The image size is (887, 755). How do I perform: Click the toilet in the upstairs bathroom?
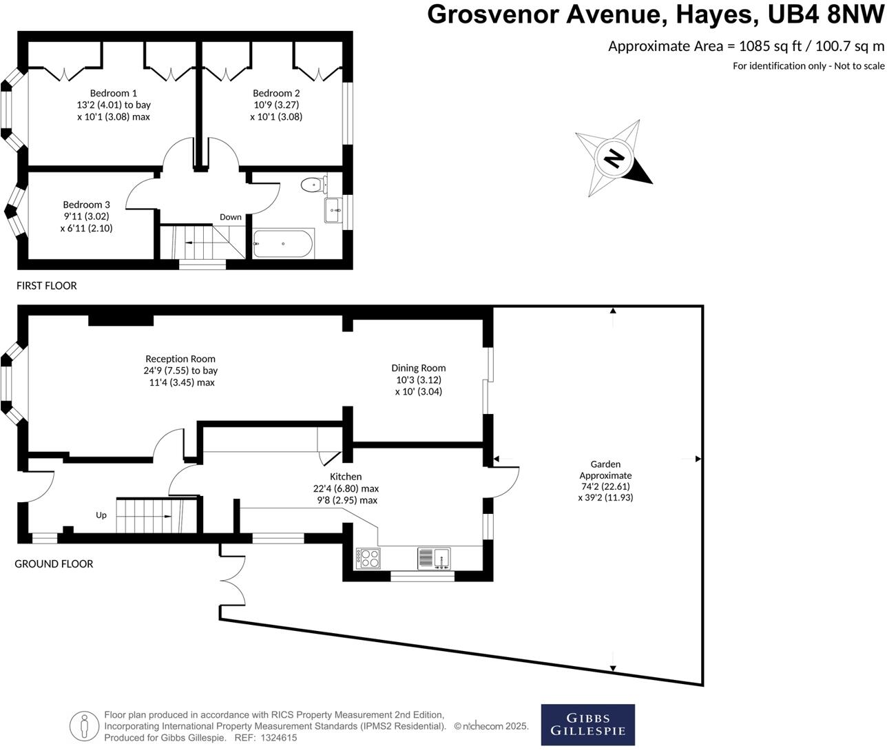pyautogui.click(x=314, y=184)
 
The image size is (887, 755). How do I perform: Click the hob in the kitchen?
pyautogui.click(x=368, y=557)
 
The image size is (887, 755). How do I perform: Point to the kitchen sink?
pyautogui.click(x=434, y=557)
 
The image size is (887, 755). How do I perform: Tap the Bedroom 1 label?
pyautogui.click(x=114, y=93)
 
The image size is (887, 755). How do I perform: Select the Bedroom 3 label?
pyautogui.click(x=86, y=205)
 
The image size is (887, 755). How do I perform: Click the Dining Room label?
pyautogui.click(x=418, y=368)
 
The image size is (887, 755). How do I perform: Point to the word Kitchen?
pyautogui.click(x=346, y=477)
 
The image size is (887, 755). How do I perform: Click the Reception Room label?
pyautogui.click(x=180, y=359)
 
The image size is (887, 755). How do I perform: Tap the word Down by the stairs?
pyautogui.click(x=231, y=217)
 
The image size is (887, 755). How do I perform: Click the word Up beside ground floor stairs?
pyautogui.click(x=101, y=515)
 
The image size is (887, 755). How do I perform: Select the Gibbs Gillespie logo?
pyautogui.click(x=587, y=724)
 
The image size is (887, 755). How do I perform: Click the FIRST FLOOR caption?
pyautogui.click(x=47, y=285)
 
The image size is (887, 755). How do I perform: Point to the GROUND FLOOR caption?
pyautogui.click(x=54, y=563)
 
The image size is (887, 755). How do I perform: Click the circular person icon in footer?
pyautogui.click(x=84, y=725)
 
